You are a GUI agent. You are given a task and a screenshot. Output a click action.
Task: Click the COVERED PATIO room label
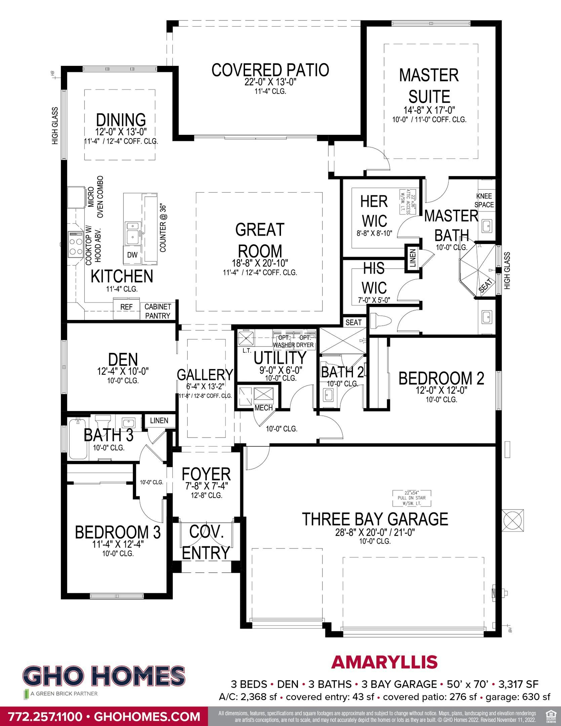pyautogui.click(x=270, y=70)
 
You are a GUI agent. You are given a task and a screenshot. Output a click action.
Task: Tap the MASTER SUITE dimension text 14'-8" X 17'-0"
pyautogui.click(x=429, y=110)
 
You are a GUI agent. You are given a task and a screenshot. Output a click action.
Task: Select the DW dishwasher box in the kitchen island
pyautogui.click(x=132, y=255)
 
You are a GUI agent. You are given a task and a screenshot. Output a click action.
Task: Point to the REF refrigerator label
pyautogui.click(x=126, y=307)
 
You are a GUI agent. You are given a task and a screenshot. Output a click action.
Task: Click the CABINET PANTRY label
pyautogui.click(x=158, y=311)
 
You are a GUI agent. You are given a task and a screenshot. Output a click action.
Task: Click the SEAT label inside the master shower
pyautogui.click(x=486, y=286)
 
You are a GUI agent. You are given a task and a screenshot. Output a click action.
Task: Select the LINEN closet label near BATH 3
pyautogui.click(x=159, y=420)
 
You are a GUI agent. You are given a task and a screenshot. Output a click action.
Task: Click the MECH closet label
pyautogui.click(x=264, y=408)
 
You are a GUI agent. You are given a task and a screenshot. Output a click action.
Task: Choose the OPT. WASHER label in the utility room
pyautogui.click(x=284, y=341)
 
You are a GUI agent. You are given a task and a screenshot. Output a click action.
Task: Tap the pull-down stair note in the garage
pyautogui.click(x=412, y=498)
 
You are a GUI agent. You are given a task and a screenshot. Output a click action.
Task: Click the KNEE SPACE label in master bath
pyautogui.click(x=484, y=200)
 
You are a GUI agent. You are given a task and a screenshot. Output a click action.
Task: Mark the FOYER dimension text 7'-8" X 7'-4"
pyautogui.click(x=206, y=487)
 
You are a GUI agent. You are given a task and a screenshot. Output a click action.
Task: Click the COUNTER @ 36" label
pyautogui.click(x=163, y=228)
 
